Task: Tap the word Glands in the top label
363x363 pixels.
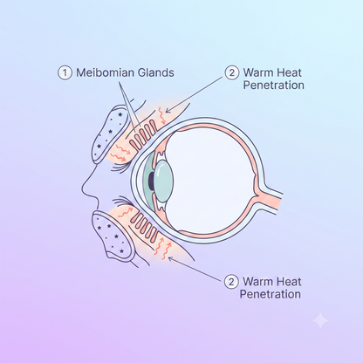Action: [156, 72]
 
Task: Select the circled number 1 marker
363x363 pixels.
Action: [65, 72]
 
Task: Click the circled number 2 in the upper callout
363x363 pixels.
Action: [232, 72]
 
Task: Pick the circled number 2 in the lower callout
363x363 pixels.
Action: [231, 282]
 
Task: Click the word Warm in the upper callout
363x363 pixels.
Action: [257, 72]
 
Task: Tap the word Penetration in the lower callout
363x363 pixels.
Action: [271, 294]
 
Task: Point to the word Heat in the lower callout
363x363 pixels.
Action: [288, 282]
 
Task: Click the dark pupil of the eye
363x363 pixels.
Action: [151, 181]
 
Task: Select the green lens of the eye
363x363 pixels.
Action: [164, 181]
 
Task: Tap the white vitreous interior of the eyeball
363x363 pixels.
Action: [211, 181]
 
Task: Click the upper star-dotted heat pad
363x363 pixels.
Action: [109, 134]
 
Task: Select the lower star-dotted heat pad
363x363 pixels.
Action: [113, 235]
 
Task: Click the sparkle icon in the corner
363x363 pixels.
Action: [320, 320]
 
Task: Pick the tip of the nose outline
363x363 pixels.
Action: [82, 188]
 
